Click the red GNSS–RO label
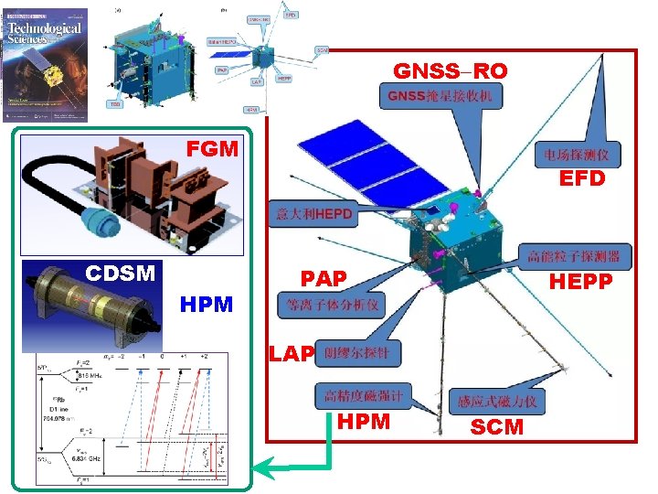point(450,71)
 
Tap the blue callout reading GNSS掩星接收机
point(441,95)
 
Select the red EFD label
point(582,178)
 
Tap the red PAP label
point(324,277)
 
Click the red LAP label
point(291,352)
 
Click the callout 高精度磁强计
point(363,396)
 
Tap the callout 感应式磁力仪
point(498,401)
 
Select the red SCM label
point(497,426)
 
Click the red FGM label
point(212,147)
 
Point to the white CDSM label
point(122,273)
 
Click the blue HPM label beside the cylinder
point(207,304)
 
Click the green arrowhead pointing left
point(264,469)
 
